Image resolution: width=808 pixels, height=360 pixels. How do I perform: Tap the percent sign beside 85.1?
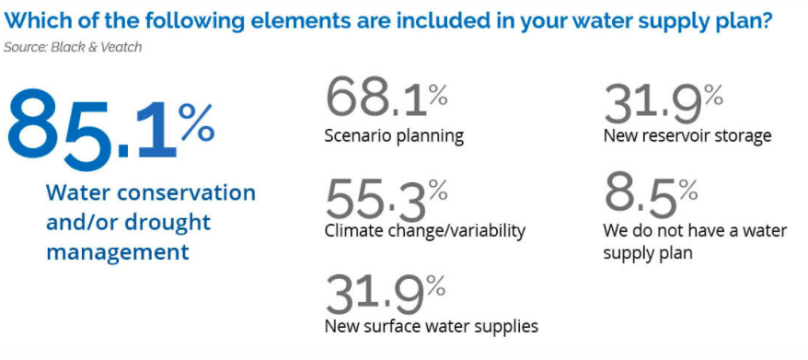click(x=197, y=122)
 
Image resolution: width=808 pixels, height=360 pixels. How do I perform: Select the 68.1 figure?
click(x=376, y=97)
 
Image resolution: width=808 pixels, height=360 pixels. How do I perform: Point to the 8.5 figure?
click(x=641, y=195)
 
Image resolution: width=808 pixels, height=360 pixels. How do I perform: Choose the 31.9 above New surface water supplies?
click(x=375, y=296)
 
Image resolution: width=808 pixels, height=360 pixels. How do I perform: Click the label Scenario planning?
click(x=394, y=136)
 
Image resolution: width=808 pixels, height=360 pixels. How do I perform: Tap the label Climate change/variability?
click(x=425, y=230)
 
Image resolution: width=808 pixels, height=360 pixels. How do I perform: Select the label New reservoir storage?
click(x=687, y=135)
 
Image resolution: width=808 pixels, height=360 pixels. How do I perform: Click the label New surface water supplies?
click(x=432, y=326)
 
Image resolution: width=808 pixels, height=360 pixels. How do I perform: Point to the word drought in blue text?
click(x=166, y=223)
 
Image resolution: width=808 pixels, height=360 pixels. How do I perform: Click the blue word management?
click(x=118, y=252)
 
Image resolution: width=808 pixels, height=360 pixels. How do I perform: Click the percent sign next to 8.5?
click(x=688, y=192)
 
